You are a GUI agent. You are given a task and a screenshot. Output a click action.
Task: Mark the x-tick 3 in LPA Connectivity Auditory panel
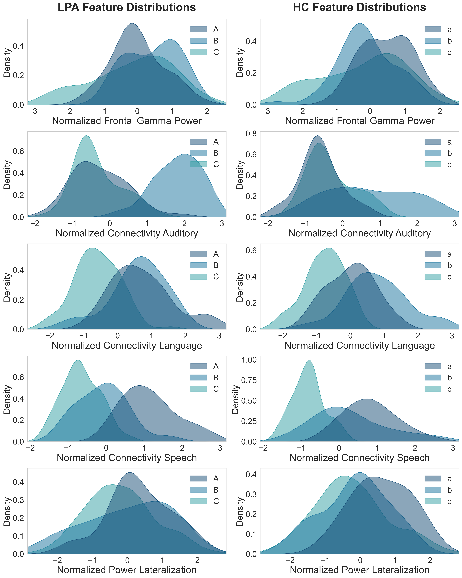pyautogui.click(x=222, y=224)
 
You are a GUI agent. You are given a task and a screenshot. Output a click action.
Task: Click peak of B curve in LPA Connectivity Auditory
pyautogui.click(x=184, y=154)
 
